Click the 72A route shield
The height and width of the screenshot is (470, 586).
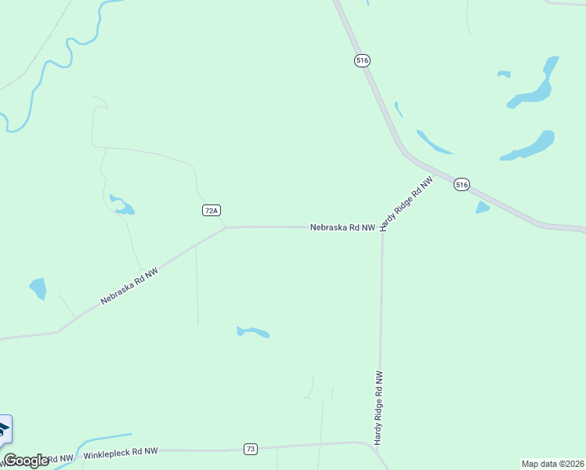pos(211,210)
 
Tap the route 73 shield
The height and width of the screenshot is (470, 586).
pos(250,449)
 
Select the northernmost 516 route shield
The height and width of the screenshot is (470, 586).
pos(361,60)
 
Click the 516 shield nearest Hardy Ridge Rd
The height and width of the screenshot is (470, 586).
pos(461,185)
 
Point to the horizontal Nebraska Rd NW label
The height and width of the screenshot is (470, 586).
pos(342,227)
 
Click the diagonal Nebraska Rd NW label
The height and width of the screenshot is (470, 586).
pos(129,286)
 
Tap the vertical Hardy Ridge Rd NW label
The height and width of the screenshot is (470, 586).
pos(378,408)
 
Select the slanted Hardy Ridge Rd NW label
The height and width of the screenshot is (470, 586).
pos(406,204)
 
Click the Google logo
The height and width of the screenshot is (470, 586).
pos(26,461)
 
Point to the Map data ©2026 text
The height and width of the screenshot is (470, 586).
pos(553,464)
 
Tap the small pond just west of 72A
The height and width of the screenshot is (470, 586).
pos(122,205)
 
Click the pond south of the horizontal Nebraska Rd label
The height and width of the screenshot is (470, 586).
pos(253,332)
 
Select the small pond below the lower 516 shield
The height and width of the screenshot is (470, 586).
pos(482,208)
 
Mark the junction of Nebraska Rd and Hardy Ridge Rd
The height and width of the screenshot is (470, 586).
pos(382,228)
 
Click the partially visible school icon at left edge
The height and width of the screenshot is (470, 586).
pos(4,428)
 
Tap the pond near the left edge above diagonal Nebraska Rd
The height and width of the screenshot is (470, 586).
pos(38,287)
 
